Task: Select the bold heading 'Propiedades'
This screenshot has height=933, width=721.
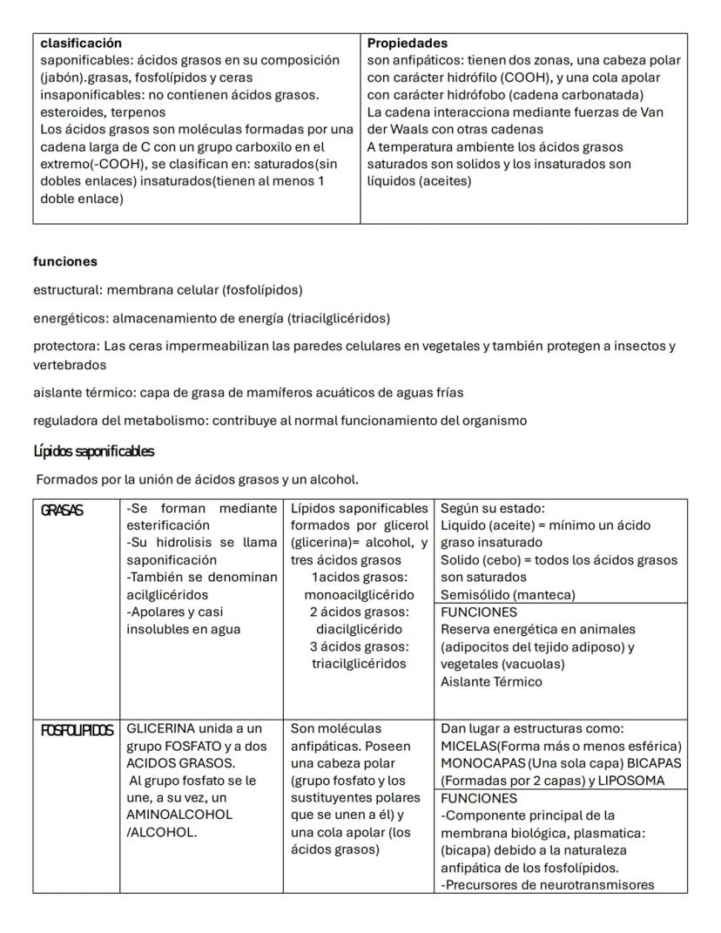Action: pyautogui.click(x=408, y=43)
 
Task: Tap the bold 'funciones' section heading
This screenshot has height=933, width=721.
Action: pyautogui.click(x=65, y=261)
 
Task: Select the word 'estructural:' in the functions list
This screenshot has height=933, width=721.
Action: pyautogui.click(x=68, y=289)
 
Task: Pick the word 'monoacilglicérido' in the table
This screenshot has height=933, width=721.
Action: pyautogui.click(x=358, y=595)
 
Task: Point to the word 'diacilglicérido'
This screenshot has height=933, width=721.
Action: pyautogui.click(x=358, y=630)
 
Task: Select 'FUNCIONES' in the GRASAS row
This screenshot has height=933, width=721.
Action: pyautogui.click(x=479, y=612)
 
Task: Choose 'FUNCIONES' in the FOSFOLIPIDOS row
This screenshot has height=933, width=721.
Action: pyautogui.click(x=479, y=798)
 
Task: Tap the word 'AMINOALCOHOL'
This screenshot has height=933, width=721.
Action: pyautogui.click(x=177, y=815)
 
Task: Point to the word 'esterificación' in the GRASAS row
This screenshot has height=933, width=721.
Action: pyautogui.click(x=168, y=525)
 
